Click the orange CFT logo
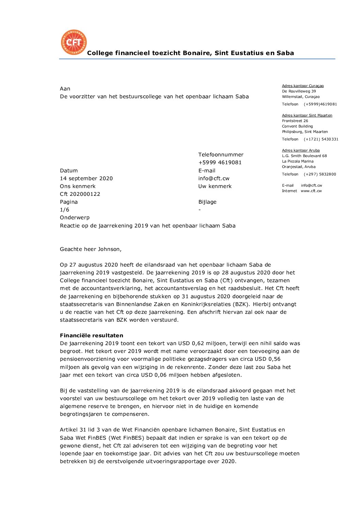click(x=73, y=42)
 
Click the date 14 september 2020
click(x=86, y=179)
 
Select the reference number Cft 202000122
click(x=80, y=194)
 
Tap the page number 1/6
click(x=64, y=210)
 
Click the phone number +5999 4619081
click(x=220, y=163)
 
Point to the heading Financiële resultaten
click(x=92, y=336)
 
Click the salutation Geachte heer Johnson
click(x=91, y=249)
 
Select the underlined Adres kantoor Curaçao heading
click(x=303, y=86)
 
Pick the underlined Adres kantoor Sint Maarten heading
click(x=307, y=116)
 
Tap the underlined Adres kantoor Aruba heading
click(x=301, y=151)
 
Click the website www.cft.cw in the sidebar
click(x=311, y=191)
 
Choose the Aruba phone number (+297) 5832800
click(x=320, y=174)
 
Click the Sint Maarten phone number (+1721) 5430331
click(x=321, y=139)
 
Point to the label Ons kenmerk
click(x=78, y=186)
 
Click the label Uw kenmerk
click(x=215, y=186)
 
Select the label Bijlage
click(x=207, y=202)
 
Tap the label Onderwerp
click(x=75, y=218)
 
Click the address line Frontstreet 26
click(x=295, y=121)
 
